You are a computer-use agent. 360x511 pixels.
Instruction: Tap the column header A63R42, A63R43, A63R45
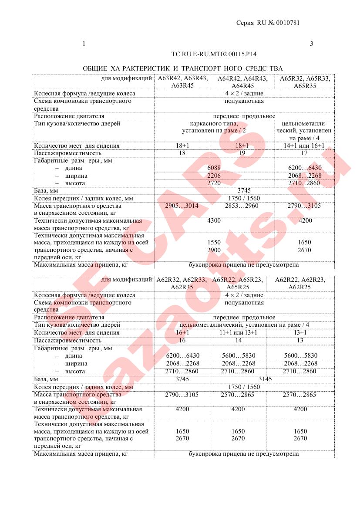[x=182, y=82]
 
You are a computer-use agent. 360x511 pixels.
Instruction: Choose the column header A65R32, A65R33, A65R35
[x=305, y=82]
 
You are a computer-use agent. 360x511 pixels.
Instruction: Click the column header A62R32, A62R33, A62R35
[x=182, y=283]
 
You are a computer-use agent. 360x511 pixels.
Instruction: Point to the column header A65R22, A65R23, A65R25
[x=238, y=283]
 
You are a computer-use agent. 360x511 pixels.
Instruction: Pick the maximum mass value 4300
[x=214, y=220]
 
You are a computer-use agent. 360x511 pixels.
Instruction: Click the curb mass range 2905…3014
[x=182, y=206]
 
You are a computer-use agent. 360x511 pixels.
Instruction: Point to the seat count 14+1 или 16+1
[x=305, y=146]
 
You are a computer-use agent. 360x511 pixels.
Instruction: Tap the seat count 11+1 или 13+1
[x=238, y=332]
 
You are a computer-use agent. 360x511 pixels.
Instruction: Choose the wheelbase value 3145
[x=265, y=379]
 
